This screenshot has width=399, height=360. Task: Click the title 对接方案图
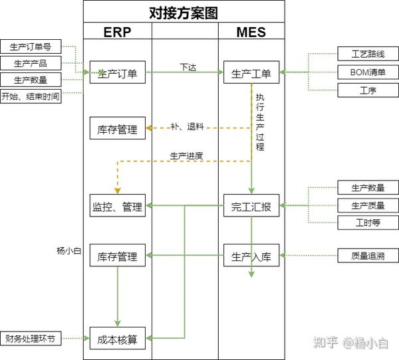[x=184, y=12]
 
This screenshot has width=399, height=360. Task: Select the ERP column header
[x=117, y=31]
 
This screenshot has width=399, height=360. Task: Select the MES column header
[x=251, y=31]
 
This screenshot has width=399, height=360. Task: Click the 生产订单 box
[x=117, y=73]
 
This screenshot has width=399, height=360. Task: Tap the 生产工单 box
[x=251, y=73]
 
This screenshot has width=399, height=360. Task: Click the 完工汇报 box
[x=251, y=207]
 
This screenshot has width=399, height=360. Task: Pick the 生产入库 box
[x=251, y=256]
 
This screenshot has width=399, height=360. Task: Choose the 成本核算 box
[x=117, y=339]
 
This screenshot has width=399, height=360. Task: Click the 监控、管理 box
[x=117, y=207]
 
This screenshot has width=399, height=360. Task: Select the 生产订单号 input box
[x=31, y=46]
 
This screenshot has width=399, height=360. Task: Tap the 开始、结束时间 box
[x=31, y=96]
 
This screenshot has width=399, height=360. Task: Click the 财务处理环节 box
[x=31, y=339]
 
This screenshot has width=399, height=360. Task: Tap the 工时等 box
[x=366, y=223]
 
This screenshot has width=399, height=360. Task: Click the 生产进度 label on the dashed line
[x=186, y=156]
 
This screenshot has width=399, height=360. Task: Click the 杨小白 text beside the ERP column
[x=68, y=251]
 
